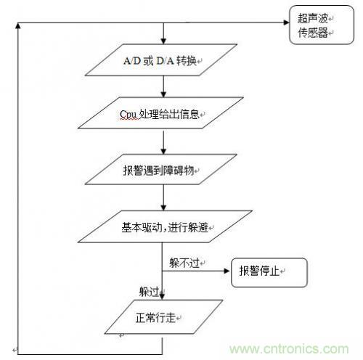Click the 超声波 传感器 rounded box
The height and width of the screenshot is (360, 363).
[322, 25]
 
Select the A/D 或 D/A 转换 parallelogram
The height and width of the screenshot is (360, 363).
[161, 60]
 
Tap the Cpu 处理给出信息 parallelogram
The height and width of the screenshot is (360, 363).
[160, 112]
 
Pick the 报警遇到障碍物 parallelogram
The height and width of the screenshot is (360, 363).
[161, 169]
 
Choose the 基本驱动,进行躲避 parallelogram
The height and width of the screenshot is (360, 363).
[165, 226]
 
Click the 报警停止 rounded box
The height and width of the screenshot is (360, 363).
[269, 273]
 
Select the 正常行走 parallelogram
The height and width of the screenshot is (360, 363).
[163, 317]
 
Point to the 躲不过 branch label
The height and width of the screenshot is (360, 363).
[184, 263]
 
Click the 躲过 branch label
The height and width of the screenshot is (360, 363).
[149, 292]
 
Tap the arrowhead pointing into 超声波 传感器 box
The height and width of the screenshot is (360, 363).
[287, 22]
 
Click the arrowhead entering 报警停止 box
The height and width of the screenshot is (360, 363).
[227, 271]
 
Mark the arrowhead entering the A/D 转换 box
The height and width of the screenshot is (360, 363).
[163, 41]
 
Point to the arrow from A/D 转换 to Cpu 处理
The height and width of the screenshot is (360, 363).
[163, 86]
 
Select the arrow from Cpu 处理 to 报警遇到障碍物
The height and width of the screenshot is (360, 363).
[163, 142]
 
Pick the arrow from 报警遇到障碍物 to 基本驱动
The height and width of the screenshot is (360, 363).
[163, 197]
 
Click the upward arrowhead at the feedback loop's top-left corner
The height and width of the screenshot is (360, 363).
[17, 25]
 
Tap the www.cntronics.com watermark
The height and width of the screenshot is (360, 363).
[289, 349]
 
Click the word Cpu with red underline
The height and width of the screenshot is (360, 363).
[128, 114]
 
